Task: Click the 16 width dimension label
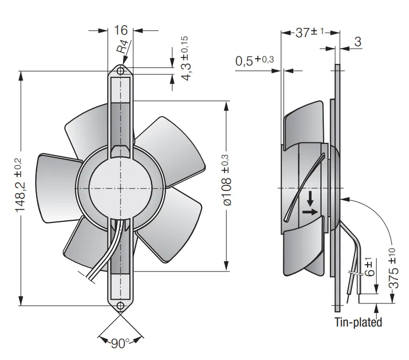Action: point(121,30)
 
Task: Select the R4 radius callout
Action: point(123,47)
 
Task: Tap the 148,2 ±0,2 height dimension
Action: point(20,185)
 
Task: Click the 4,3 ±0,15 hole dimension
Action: point(186,59)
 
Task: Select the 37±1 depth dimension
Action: point(309,32)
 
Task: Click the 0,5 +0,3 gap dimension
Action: point(255,61)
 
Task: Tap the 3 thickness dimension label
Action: point(358,42)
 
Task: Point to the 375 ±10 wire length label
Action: point(394,268)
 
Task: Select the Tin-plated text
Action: point(358,322)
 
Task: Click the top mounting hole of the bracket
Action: point(120,71)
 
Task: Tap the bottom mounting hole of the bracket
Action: point(120,306)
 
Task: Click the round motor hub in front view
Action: point(120,188)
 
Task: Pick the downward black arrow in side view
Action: point(310,199)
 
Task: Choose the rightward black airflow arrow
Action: point(311,212)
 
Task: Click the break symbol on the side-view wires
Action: point(355,273)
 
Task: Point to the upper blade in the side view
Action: point(304,126)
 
